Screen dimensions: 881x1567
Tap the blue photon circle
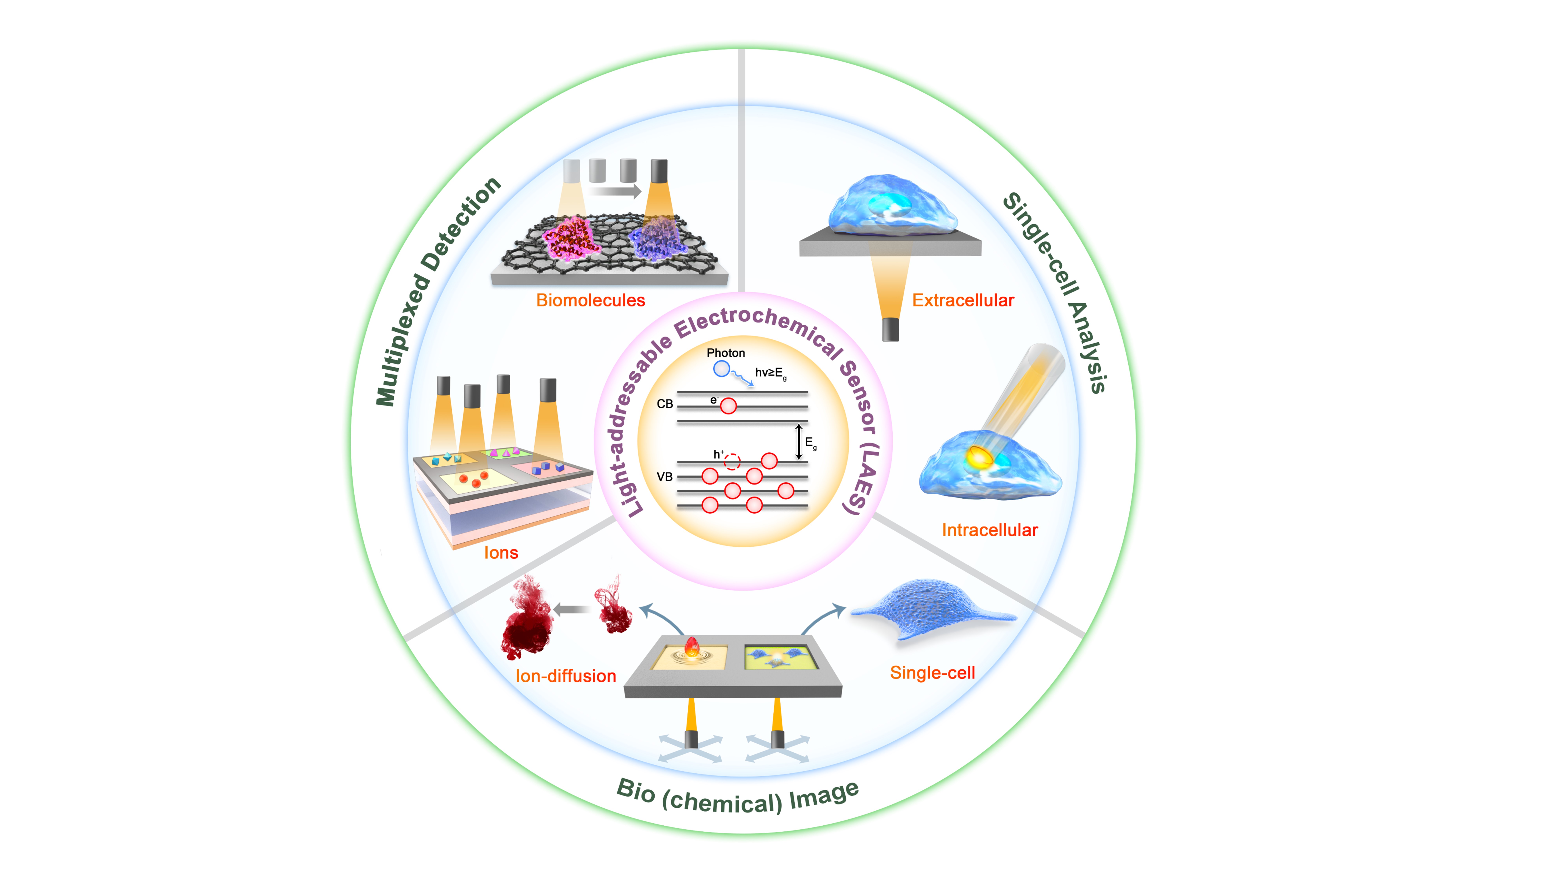[x=721, y=368]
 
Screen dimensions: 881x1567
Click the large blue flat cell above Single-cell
[x=931, y=608]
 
